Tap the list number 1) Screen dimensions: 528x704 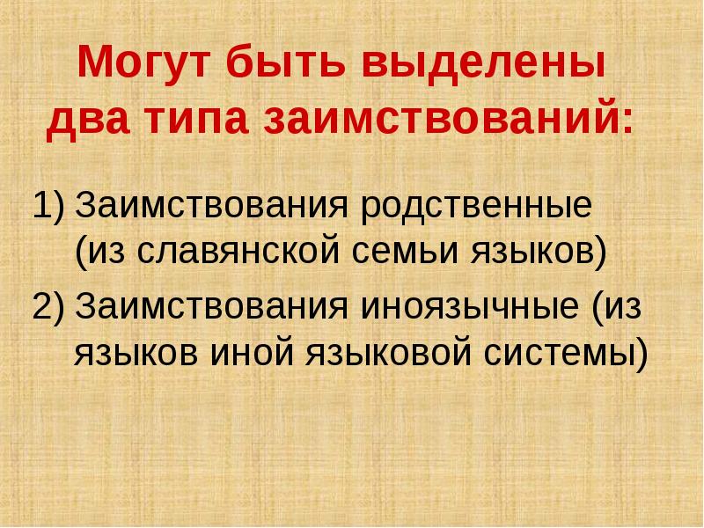pos(49,209)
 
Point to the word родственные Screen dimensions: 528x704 pos(475,209)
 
